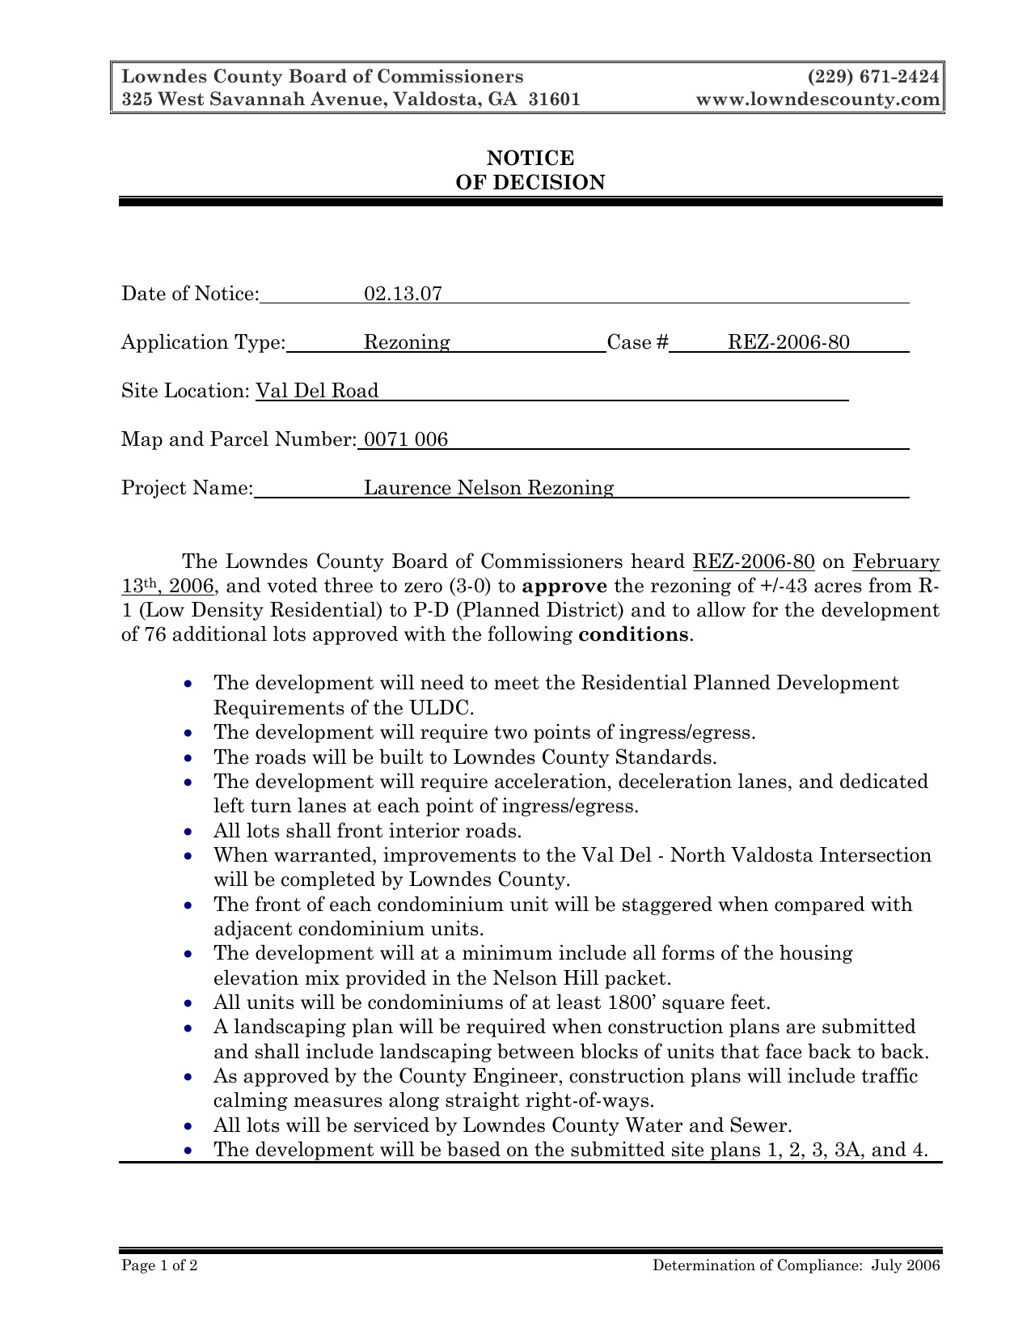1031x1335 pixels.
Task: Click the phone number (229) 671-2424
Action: [x=873, y=77]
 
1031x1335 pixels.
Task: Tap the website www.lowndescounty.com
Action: [x=818, y=100]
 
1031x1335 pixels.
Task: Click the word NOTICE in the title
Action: [x=530, y=158]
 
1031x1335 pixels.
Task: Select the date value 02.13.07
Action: [x=403, y=294]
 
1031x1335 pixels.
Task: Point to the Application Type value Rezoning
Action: [x=407, y=342]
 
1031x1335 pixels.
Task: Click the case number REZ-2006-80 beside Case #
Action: [x=788, y=342]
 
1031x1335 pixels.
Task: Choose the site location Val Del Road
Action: [x=317, y=391]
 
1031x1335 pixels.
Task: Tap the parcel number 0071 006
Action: [x=405, y=439]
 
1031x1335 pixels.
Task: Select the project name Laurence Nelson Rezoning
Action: [x=488, y=488]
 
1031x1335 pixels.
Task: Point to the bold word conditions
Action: [x=634, y=634]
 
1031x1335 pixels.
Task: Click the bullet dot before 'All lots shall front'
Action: [x=188, y=832]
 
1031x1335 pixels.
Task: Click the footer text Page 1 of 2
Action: [x=159, y=1266]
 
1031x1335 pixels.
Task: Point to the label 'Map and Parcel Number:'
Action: [x=239, y=439]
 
